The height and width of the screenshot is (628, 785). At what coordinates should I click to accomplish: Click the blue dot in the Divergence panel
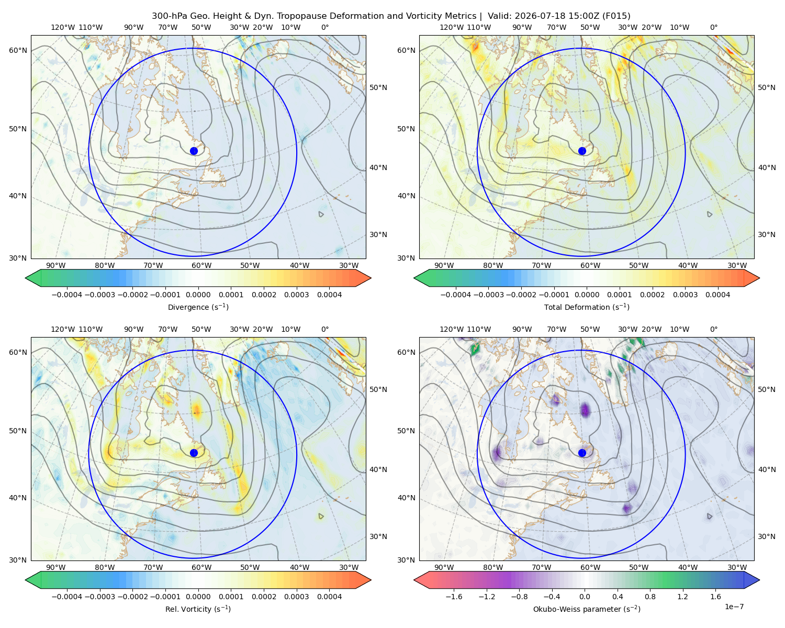pyautogui.click(x=194, y=151)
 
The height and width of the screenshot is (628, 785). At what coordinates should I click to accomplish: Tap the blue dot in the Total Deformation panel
pyautogui.click(x=582, y=151)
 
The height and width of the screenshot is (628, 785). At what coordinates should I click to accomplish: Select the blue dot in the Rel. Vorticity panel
pyautogui.click(x=194, y=453)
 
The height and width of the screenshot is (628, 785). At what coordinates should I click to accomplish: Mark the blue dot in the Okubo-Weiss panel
pyautogui.click(x=582, y=453)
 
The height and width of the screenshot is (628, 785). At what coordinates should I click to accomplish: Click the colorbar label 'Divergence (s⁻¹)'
pyautogui.click(x=198, y=307)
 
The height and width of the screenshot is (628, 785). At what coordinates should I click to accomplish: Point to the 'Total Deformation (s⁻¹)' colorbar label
pyautogui.click(x=587, y=307)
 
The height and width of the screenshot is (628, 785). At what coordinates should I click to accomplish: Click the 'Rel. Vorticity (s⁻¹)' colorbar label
pyautogui.click(x=198, y=609)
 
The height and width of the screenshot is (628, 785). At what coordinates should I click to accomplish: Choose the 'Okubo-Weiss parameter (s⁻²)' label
pyautogui.click(x=587, y=609)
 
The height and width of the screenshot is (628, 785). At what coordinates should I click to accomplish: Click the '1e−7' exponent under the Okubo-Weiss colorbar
pyautogui.click(x=734, y=607)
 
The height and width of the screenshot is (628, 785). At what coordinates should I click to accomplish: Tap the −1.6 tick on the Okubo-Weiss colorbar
pyautogui.click(x=454, y=597)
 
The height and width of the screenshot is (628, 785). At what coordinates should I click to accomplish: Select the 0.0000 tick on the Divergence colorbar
pyautogui.click(x=198, y=295)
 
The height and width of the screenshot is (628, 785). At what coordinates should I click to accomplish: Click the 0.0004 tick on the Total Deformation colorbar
pyautogui.click(x=717, y=295)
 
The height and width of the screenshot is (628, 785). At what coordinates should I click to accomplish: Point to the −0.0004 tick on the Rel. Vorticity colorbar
pyautogui.click(x=67, y=597)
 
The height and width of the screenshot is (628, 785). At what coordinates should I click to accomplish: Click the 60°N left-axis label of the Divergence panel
pyautogui.click(x=18, y=50)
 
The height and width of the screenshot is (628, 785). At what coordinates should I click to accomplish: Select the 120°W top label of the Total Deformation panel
pyautogui.click(x=451, y=27)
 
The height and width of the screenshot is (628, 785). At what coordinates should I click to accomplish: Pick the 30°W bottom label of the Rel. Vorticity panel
pyautogui.click(x=349, y=567)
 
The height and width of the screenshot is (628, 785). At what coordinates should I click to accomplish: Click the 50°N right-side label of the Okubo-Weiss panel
pyautogui.click(x=766, y=389)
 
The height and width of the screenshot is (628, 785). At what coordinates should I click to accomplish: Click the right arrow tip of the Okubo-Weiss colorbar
pyautogui.click(x=759, y=580)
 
